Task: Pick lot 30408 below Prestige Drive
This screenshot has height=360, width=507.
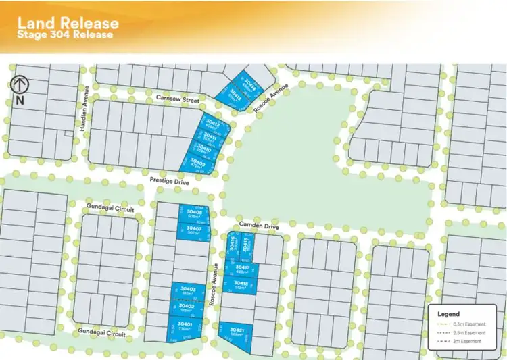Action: [195, 214]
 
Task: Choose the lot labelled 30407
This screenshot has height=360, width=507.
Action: [195, 230]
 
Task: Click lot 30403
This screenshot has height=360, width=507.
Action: [189, 291]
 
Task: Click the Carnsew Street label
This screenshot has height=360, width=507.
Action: [178, 99]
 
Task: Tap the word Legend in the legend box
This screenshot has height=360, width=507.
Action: [448, 314]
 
